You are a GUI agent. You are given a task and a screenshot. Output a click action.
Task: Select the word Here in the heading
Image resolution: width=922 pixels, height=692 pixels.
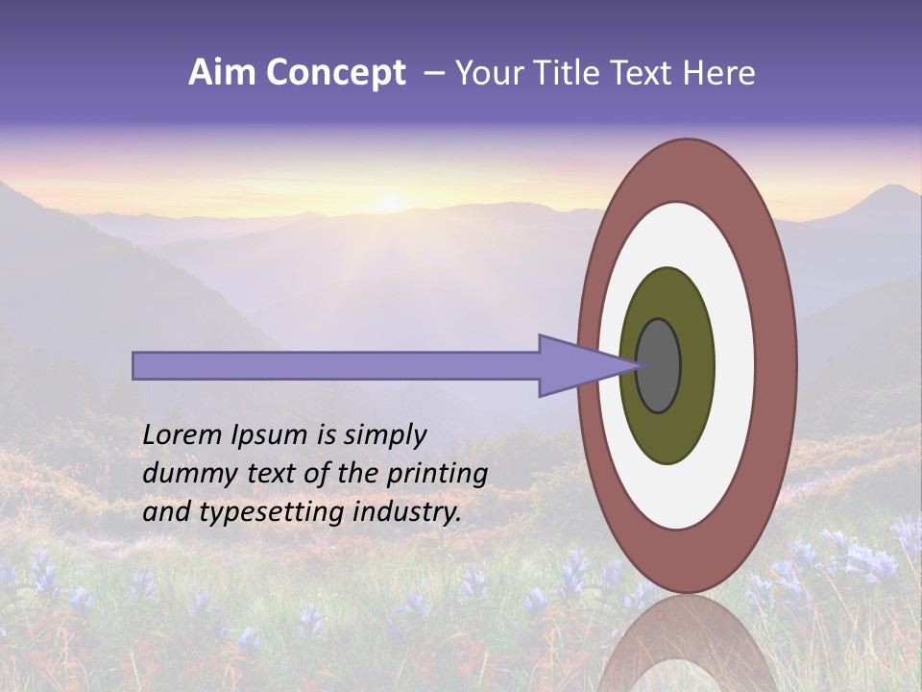click(x=722, y=72)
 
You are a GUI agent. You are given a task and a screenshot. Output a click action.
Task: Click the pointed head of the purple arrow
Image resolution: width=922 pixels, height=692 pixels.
click(x=586, y=365)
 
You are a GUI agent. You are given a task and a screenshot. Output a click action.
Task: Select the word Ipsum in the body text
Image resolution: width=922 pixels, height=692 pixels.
click(x=271, y=435)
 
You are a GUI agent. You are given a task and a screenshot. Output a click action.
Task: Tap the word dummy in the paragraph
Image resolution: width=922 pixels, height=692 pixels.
click(x=182, y=474)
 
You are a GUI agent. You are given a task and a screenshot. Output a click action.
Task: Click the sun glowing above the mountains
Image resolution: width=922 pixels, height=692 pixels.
click(x=390, y=203)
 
